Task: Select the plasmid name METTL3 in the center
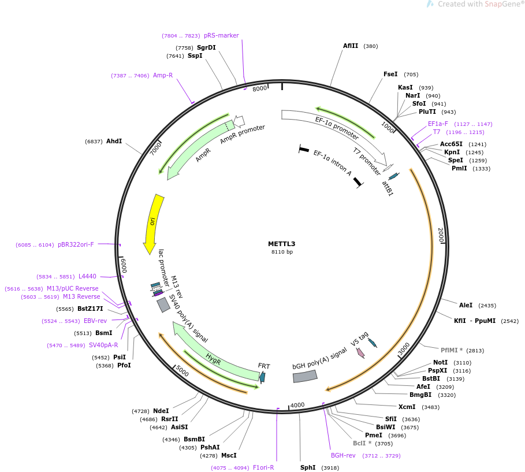(282, 244)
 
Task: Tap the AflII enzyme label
(350, 46)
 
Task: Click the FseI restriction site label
(390, 74)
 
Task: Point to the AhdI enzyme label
(114, 141)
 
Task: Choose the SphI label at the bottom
(308, 467)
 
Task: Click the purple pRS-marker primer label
(221, 35)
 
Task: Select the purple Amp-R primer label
(163, 75)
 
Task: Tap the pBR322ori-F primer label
(76, 244)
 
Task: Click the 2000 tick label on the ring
(441, 235)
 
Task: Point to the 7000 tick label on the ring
(155, 148)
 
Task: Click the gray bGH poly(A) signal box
(305, 376)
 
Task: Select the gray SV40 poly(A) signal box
(163, 305)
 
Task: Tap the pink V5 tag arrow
(360, 353)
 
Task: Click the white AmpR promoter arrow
(239, 121)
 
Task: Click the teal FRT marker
(262, 377)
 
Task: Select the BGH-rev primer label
(343, 456)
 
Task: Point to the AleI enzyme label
(466, 305)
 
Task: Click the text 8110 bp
(282, 252)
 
